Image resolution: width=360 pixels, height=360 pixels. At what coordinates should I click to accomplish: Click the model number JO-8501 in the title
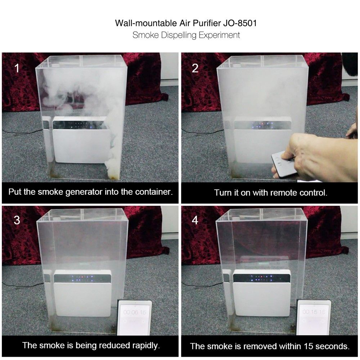(240, 23)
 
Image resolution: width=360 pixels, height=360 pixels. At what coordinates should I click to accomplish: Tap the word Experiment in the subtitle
(219, 35)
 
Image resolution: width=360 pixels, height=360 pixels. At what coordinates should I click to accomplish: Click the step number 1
(17, 68)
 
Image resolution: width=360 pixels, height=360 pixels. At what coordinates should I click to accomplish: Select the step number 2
(195, 68)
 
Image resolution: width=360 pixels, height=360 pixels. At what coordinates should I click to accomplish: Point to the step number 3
(17, 220)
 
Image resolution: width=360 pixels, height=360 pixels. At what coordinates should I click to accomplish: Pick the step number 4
(195, 220)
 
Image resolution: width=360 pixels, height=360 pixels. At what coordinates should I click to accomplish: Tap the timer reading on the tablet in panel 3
(135, 312)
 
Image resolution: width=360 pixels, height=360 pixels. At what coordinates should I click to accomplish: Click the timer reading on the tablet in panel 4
(314, 311)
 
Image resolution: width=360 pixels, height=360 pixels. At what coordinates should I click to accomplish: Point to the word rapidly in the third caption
(146, 346)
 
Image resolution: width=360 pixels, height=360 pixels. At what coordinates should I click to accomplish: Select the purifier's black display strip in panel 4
(262, 278)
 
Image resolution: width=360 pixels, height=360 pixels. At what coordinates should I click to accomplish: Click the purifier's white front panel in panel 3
(83, 300)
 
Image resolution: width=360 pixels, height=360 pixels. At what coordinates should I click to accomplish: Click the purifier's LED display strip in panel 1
(80, 125)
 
